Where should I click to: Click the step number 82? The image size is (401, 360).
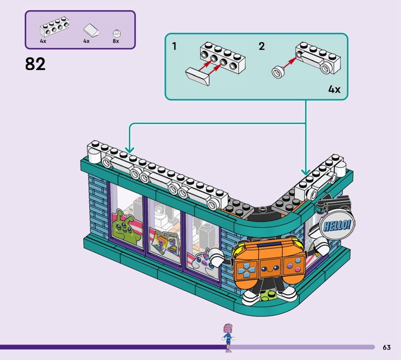(x=35, y=64)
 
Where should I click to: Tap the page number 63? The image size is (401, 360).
(x=386, y=347)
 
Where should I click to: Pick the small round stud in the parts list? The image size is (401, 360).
(x=116, y=31)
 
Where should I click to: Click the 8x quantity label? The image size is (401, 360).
(x=116, y=41)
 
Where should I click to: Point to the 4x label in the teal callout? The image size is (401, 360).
(x=334, y=89)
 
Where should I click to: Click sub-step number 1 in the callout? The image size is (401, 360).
(x=174, y=47)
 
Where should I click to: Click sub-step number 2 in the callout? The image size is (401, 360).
(x=261, y=47)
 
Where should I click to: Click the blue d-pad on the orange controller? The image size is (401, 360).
(x=247, y=271)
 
